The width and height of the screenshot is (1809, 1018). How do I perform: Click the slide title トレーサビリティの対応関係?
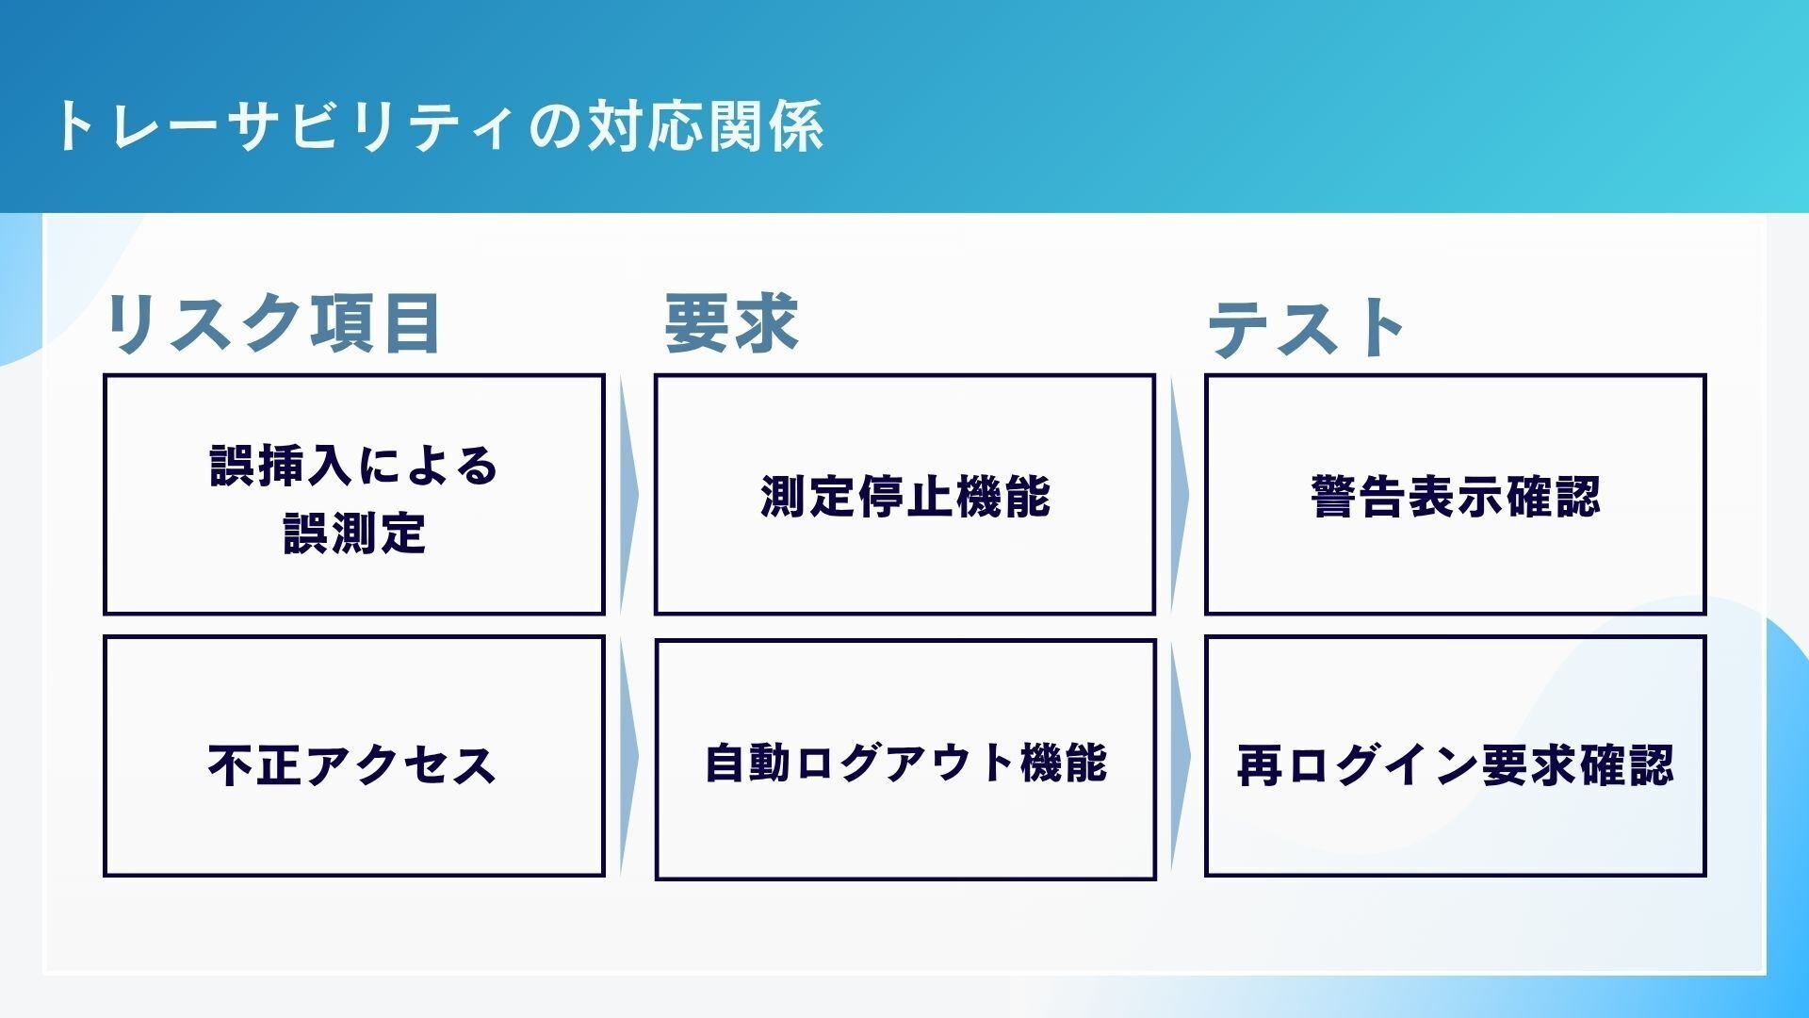[x=439, y=126]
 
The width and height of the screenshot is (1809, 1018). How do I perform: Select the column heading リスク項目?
[x=273, y=324]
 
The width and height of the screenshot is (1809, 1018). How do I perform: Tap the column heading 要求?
[x=731, y=324]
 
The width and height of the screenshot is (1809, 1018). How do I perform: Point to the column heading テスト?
[x=1306, y=328]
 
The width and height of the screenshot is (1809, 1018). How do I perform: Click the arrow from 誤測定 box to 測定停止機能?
[x=628, y=495]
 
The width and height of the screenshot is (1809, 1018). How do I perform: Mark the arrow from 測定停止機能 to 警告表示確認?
[x=1179, y=495]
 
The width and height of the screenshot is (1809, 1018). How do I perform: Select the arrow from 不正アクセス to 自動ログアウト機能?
[x=628, y=758]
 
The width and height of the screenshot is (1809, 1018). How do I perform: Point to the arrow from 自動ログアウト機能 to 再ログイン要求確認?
[x=1179, y=758]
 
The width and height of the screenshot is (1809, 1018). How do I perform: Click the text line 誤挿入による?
[x=353, y=466]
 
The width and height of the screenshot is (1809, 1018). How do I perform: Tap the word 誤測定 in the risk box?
[x=353, y=534]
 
